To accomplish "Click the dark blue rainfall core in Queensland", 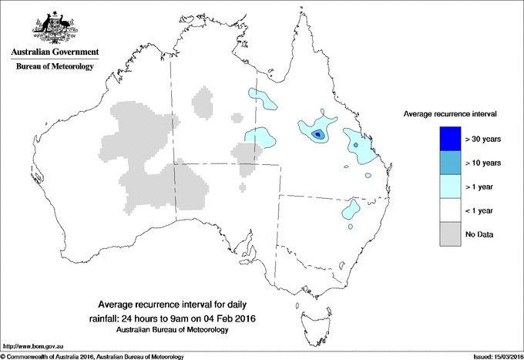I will tap(317, 135).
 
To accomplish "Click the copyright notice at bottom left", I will tap(92, 356).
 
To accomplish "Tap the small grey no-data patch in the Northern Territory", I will tap(203, 102).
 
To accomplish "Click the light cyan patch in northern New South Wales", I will tap(351, 208).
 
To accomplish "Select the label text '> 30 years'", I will tap(483, 139).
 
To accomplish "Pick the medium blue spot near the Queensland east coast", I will tap(355, 143).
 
